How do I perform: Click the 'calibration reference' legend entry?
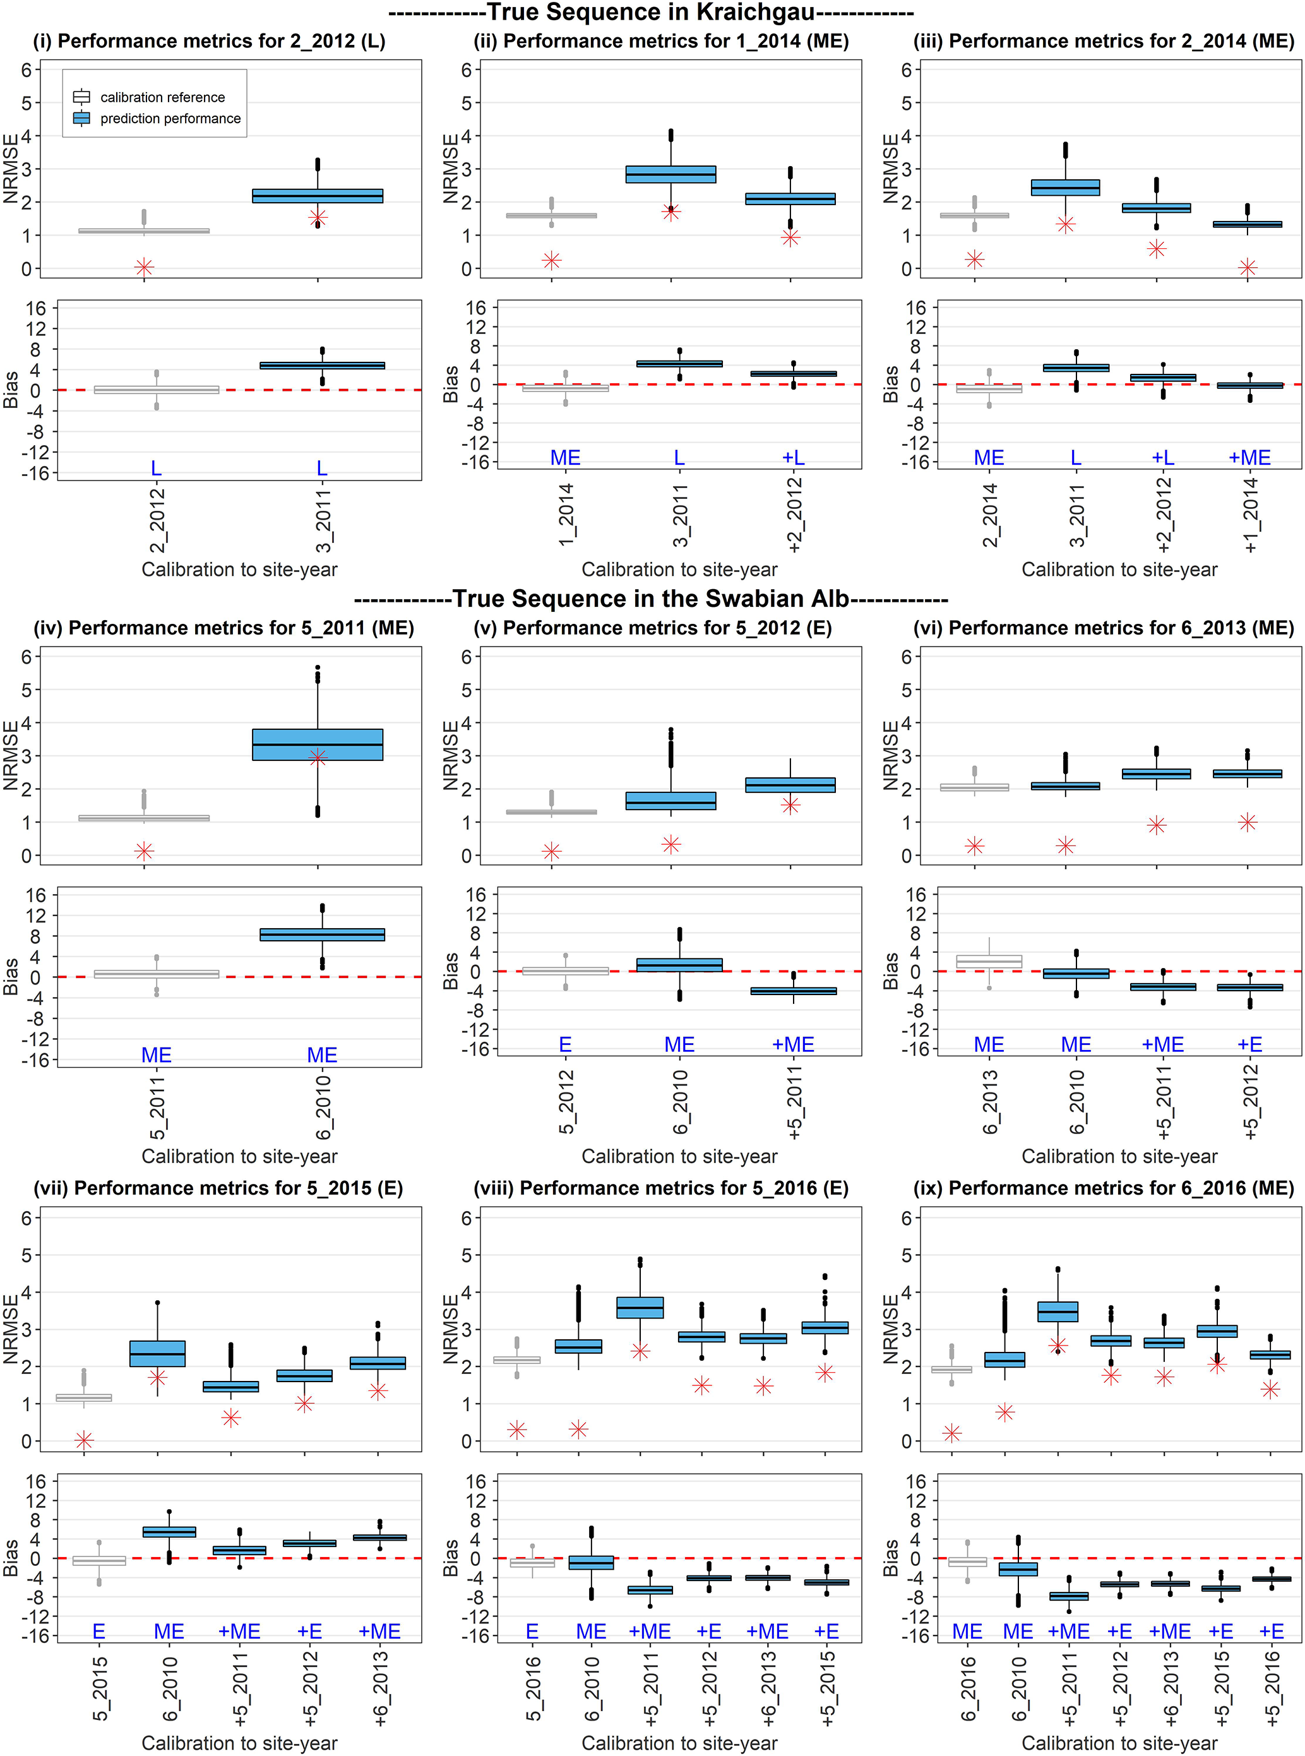click(162, 97)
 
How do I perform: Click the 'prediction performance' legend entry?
click(170, 119)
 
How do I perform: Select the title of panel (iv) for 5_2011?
click(223, 628)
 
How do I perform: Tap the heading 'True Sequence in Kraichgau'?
click(651, 13)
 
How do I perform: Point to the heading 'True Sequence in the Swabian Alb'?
click(651, 599)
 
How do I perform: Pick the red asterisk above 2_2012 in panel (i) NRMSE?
click(144, 268)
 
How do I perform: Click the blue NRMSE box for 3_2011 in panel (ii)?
click(670, 174)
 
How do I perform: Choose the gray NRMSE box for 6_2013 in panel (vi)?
click(975, 787)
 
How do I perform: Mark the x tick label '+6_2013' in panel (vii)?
click(380, 1687)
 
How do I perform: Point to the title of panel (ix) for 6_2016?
click(1104, 1188)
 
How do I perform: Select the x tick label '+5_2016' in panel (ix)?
click(1272, 1687)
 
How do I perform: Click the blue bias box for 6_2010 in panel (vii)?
click(169, 1532)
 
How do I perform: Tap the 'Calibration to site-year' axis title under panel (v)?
click(679, 1156)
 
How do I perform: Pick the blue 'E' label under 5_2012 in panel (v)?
click(566, 1044)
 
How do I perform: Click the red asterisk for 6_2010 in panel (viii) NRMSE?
click(578, 1429)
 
